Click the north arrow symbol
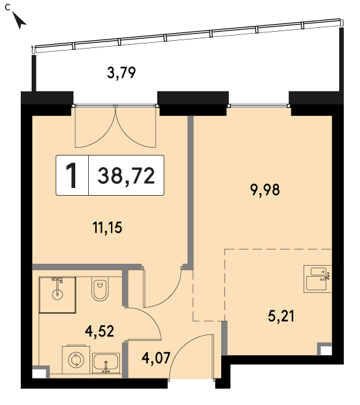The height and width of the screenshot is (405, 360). [19, 20]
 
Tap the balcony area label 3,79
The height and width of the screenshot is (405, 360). [121, 73]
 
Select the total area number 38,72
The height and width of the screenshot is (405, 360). [126, 176]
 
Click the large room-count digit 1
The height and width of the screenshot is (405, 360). [71, 176]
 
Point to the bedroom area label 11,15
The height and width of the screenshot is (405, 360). [107, 227]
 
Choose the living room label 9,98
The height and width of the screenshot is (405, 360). [265, 190]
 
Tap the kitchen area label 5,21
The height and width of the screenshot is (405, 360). [281, 316]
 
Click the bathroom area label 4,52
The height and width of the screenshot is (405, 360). [100, 331]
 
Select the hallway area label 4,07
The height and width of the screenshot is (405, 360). [156, 358]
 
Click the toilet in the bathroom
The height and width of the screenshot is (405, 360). [100, 289]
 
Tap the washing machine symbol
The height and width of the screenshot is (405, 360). [76, 360]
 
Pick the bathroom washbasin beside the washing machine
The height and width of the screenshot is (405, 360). [106, 363]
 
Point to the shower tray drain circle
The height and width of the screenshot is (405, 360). [57, 294]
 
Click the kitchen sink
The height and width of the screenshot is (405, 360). [317, 279]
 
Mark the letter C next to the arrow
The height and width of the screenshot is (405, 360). [8, 8]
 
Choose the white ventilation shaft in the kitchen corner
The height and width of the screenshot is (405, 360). [324, 349]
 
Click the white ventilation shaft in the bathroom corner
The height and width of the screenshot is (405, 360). [40, 373]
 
